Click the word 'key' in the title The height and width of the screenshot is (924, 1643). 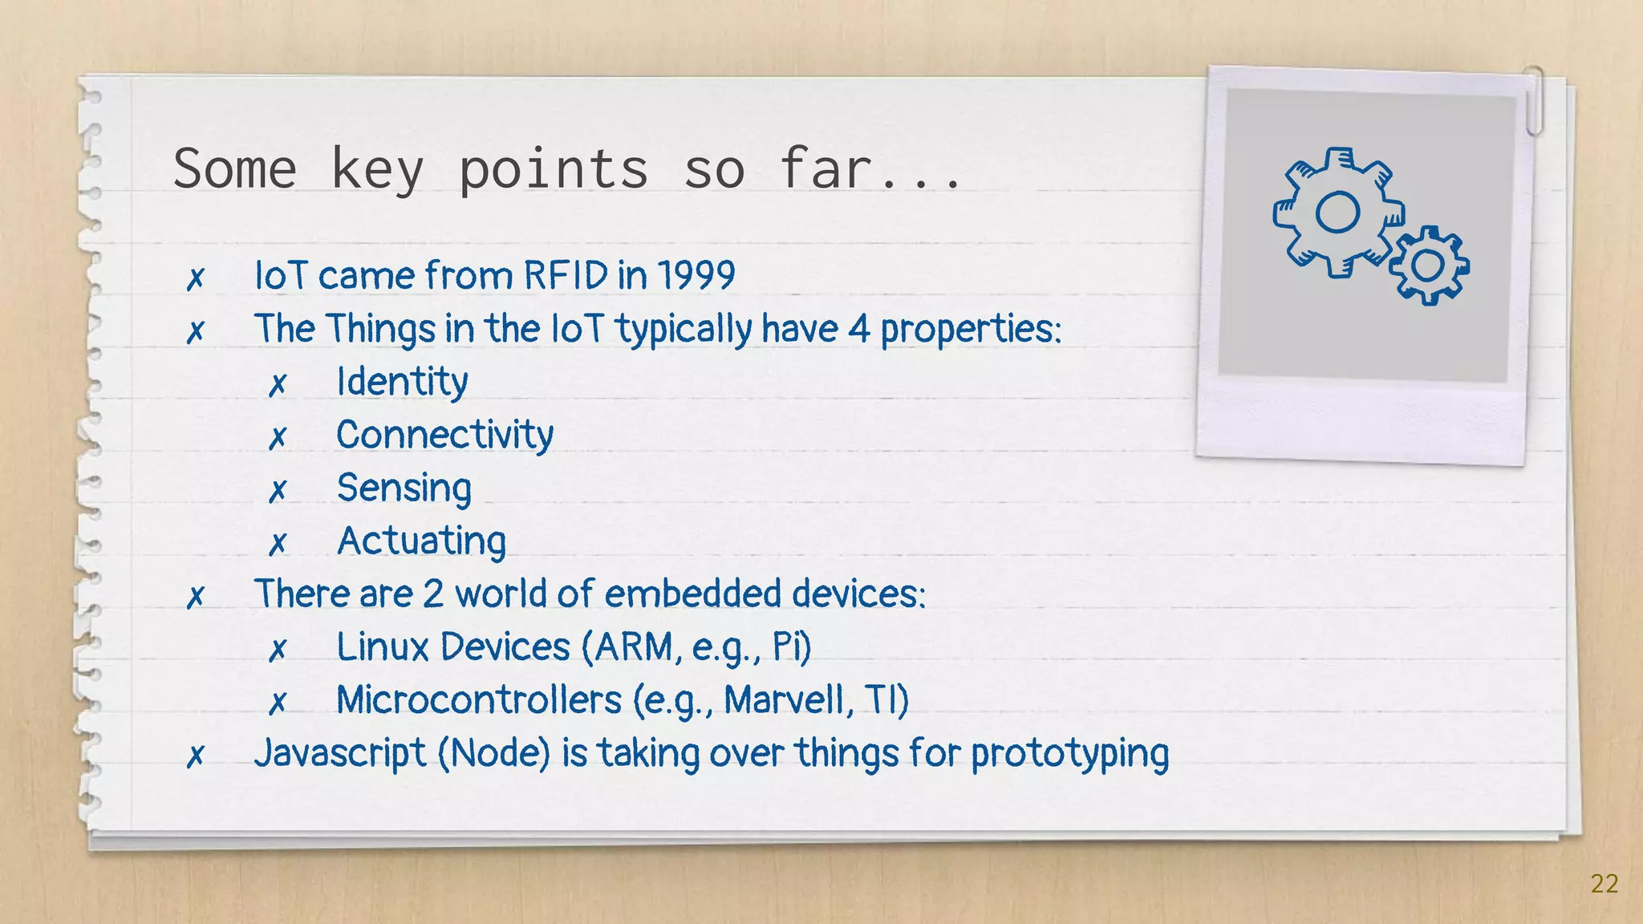point(376,170)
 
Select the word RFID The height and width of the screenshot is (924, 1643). point(566,275)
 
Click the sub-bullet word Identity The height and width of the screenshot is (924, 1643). point(402,382)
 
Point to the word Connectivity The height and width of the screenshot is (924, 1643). point(444,435)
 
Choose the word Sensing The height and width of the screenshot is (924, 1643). point(404,488)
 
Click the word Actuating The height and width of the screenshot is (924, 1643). point(421,541)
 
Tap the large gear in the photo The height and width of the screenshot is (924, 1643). point(1337,213)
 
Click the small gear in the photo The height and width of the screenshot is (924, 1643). point(1428,265)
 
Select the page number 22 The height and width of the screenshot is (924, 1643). point(1604,883)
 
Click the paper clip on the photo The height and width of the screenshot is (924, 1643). point(1534,100)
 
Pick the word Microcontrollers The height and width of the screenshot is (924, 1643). point(479,699)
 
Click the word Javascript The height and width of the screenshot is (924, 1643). point(340,753)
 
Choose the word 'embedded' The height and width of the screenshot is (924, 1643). point(692,594)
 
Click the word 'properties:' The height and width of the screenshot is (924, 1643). point(971,329)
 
